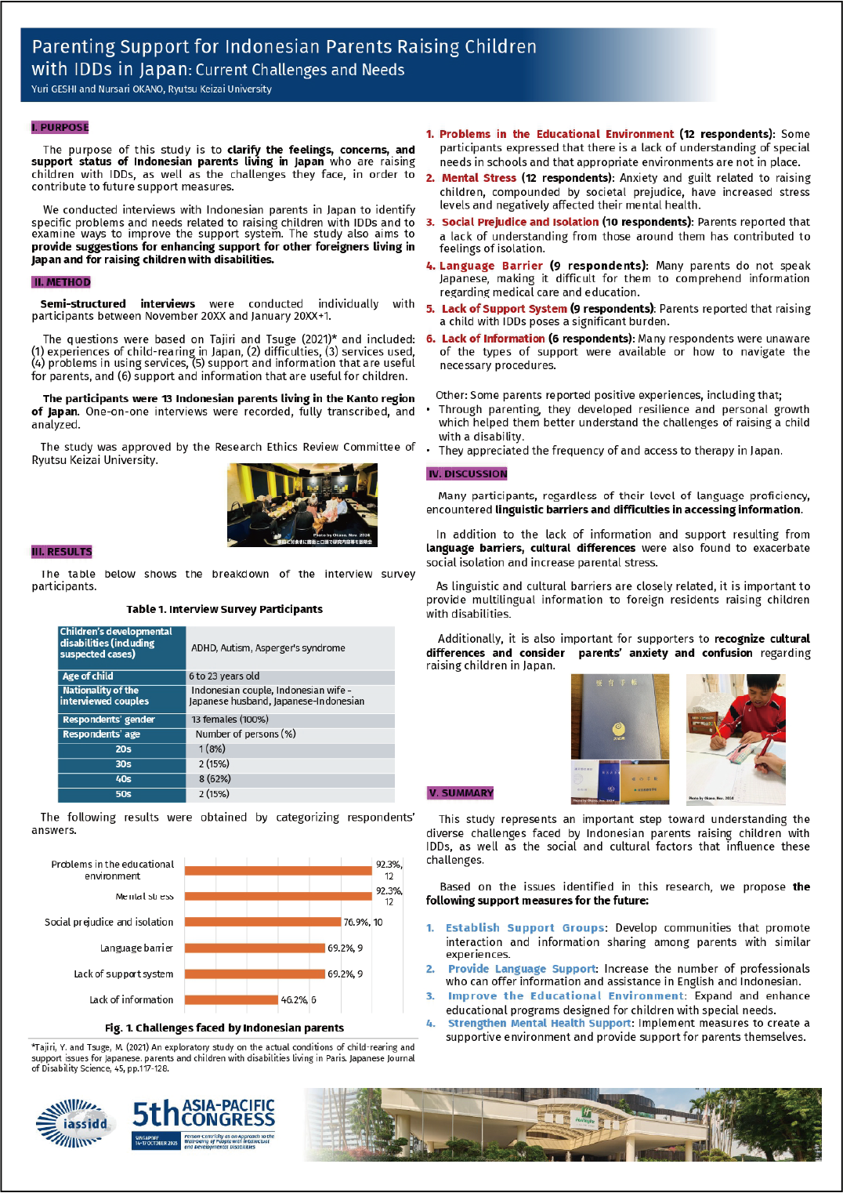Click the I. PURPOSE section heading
[60, 127]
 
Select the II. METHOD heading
[61, 282]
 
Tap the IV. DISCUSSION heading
[467, 473]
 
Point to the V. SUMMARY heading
[461, 792]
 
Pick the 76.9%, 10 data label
[363, 922]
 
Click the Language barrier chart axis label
[136, 948]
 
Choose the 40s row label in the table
[123, 779]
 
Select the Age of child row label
[88, 676]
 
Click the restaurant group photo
[302, 504]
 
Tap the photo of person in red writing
[735, 739]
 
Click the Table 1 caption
[224, 609]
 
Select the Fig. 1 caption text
[224, 1028]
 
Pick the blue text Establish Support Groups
[525, 927]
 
